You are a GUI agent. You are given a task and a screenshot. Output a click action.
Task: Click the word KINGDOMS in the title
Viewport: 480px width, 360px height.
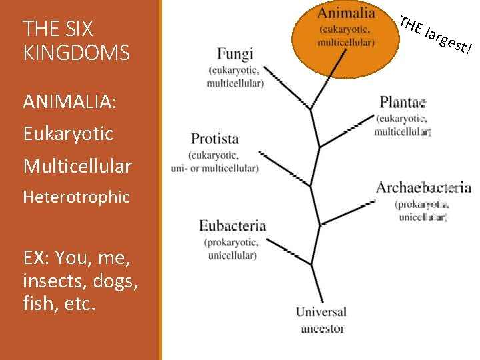coord(76,53)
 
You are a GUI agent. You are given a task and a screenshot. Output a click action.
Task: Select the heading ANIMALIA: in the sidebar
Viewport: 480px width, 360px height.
coord(69,101)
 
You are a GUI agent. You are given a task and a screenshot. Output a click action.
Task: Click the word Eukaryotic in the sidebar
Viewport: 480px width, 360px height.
coord(68,133)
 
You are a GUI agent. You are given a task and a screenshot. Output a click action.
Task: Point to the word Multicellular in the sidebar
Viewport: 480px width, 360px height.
coord(77,165)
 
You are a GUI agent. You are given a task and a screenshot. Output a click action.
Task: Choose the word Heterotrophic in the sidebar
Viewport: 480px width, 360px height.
coord(76,197)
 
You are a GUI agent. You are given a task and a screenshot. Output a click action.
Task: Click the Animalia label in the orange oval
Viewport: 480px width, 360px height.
coord(346,13)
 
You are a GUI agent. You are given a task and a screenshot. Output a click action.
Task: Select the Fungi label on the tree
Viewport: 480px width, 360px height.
coord(235,54)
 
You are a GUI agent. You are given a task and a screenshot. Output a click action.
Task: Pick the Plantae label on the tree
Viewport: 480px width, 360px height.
coord(403,102)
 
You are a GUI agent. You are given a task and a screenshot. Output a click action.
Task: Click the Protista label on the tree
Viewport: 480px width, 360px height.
coord(215,139)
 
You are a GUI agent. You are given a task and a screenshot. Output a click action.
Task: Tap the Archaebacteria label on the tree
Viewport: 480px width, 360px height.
coord(423,188)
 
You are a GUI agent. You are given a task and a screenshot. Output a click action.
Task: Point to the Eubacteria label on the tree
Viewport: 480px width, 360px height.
coord(232,226)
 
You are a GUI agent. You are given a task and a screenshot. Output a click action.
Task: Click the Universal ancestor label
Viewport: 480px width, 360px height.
coord(321,319)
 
